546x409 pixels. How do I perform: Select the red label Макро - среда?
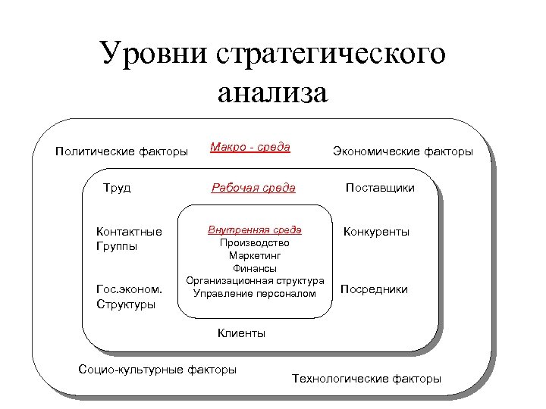[x=250, y=147]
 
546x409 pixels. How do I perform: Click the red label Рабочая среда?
[x=253, y=187]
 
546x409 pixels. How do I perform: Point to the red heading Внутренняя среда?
[x=255, y=229]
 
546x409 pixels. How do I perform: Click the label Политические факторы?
[x=122, y=151]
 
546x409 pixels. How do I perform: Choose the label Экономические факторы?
[x=403, y=151]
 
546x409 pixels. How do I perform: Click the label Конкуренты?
[x=376, y=232]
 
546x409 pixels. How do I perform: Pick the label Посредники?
[x=374, y=289]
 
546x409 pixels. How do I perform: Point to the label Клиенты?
[x=241, y=333]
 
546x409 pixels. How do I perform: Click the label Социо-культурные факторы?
[x=157, y=370]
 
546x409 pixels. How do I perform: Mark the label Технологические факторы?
[x=366, y=378]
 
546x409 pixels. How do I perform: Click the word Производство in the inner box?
[x=255, y=243]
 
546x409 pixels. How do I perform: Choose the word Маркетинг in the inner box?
[x=255, y=256]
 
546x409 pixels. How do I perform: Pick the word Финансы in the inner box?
[x=255, y=268]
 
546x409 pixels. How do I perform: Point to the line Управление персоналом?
[x=255, y=293]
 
